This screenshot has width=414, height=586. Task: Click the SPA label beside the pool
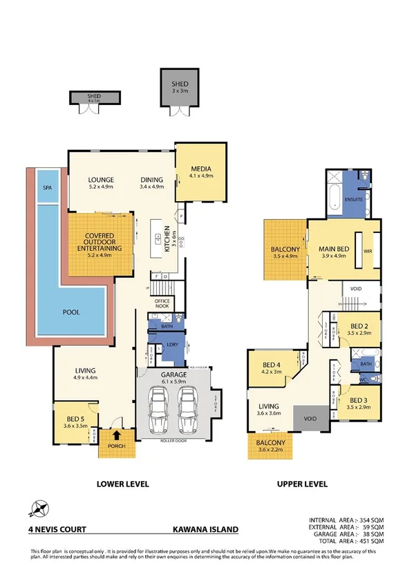click(48, 187)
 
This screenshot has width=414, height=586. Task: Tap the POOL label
click(70, 312)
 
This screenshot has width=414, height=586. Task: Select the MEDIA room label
click(201, 169)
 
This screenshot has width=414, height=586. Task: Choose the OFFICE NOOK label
click(164, 303)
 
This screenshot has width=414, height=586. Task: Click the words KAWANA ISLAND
click(205, 529)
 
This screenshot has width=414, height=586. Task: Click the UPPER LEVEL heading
click(303, 484)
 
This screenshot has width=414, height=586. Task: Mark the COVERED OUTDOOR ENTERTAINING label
click(95, 243)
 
